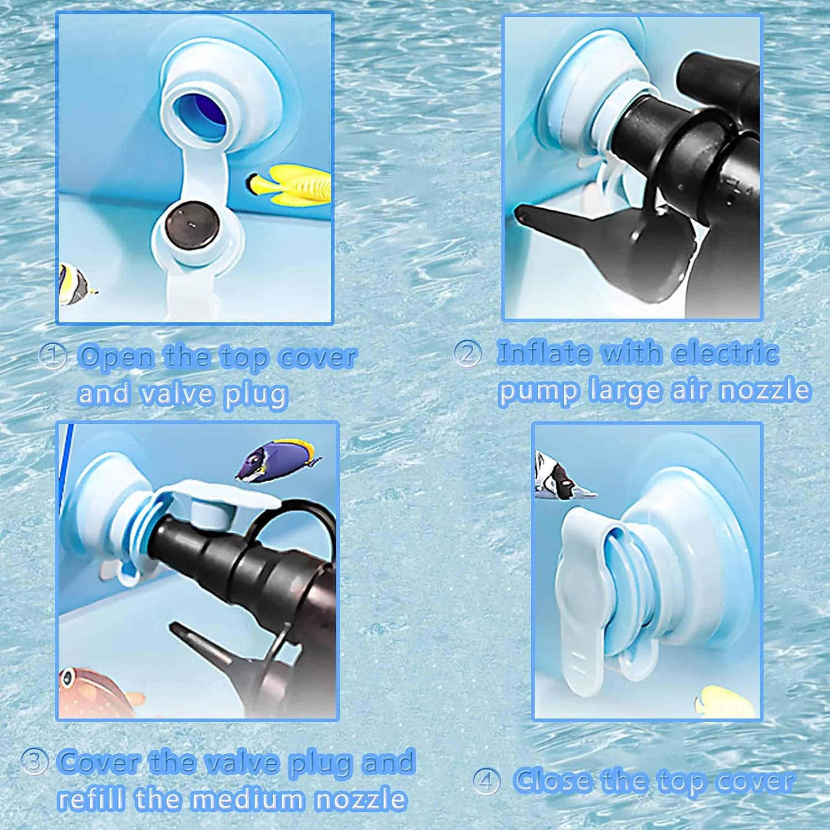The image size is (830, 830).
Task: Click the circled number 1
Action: tap(53, 356)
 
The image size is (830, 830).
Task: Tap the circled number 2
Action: tap(468, 353)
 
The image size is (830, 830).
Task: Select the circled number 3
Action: tap(34, 761)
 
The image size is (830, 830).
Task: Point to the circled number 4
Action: tap(486, 781)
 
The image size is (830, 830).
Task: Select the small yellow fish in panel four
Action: tap(725, 702)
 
